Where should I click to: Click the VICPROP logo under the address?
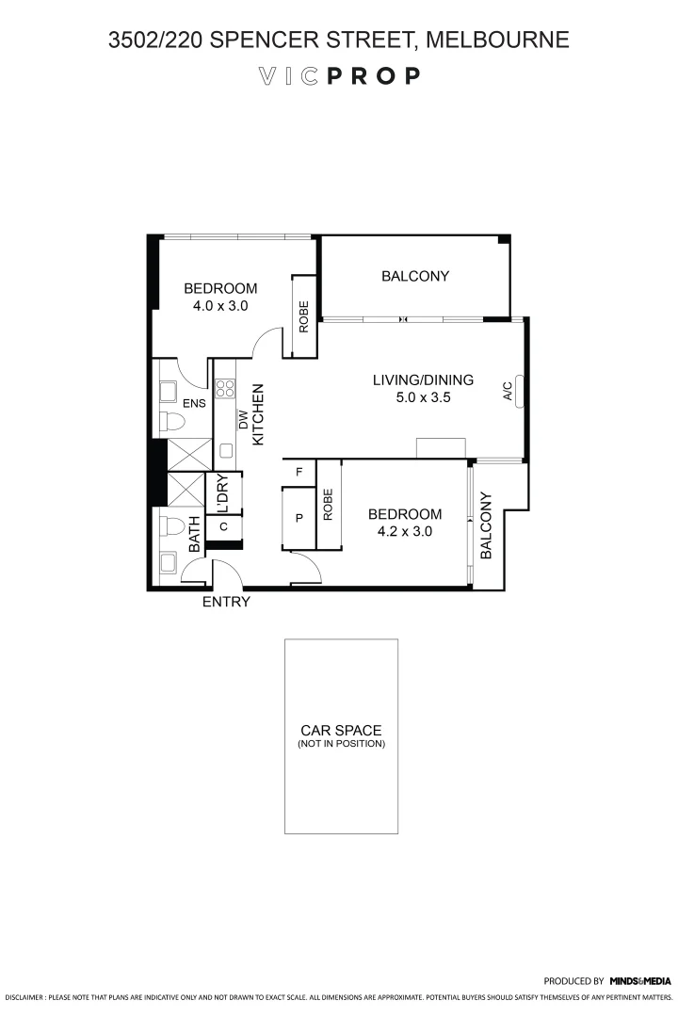coord(338,76)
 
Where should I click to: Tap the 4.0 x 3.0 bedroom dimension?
coord(219,306)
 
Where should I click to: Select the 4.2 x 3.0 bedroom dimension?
coord(404,531)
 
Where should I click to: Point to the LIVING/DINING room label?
coord(423,380)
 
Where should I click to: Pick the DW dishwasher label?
coord(242,420)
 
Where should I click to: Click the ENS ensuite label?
coord(194,404)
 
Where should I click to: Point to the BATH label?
coord(194,534)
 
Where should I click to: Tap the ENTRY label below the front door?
coord(226,603)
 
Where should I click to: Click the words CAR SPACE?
coord(341,731)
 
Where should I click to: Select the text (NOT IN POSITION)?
coord(341,744)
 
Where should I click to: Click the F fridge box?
coord(299,472)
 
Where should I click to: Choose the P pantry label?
coord(299,517)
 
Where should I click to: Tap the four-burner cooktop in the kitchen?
coord(226,389)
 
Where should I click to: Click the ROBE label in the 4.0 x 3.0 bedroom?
coord(304,317)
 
